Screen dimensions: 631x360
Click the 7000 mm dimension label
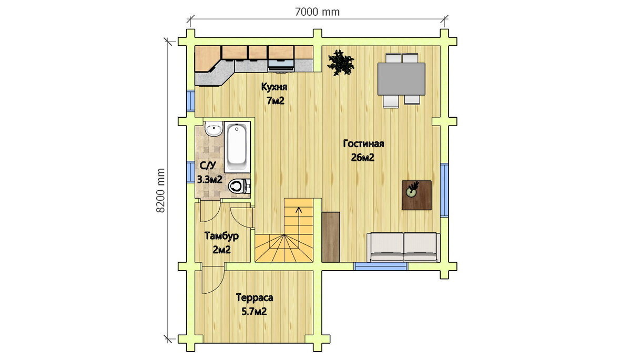317,12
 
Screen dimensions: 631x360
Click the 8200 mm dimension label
160,190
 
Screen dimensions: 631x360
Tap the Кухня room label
274,87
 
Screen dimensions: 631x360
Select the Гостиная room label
363,143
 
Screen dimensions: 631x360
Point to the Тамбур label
221,236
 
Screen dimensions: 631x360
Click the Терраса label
255,297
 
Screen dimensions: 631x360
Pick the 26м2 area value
362,158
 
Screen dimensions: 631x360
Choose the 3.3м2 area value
210,179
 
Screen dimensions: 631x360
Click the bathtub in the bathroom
237,147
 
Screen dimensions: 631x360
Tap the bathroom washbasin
214,129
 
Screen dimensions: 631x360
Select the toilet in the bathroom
239,187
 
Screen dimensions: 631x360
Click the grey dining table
401,79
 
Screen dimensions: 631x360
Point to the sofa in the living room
403,248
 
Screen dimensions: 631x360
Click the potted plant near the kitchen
340,63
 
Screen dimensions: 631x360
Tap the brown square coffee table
416,195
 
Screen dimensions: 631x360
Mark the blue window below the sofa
381,266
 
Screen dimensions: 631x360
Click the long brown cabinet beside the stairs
331,237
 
